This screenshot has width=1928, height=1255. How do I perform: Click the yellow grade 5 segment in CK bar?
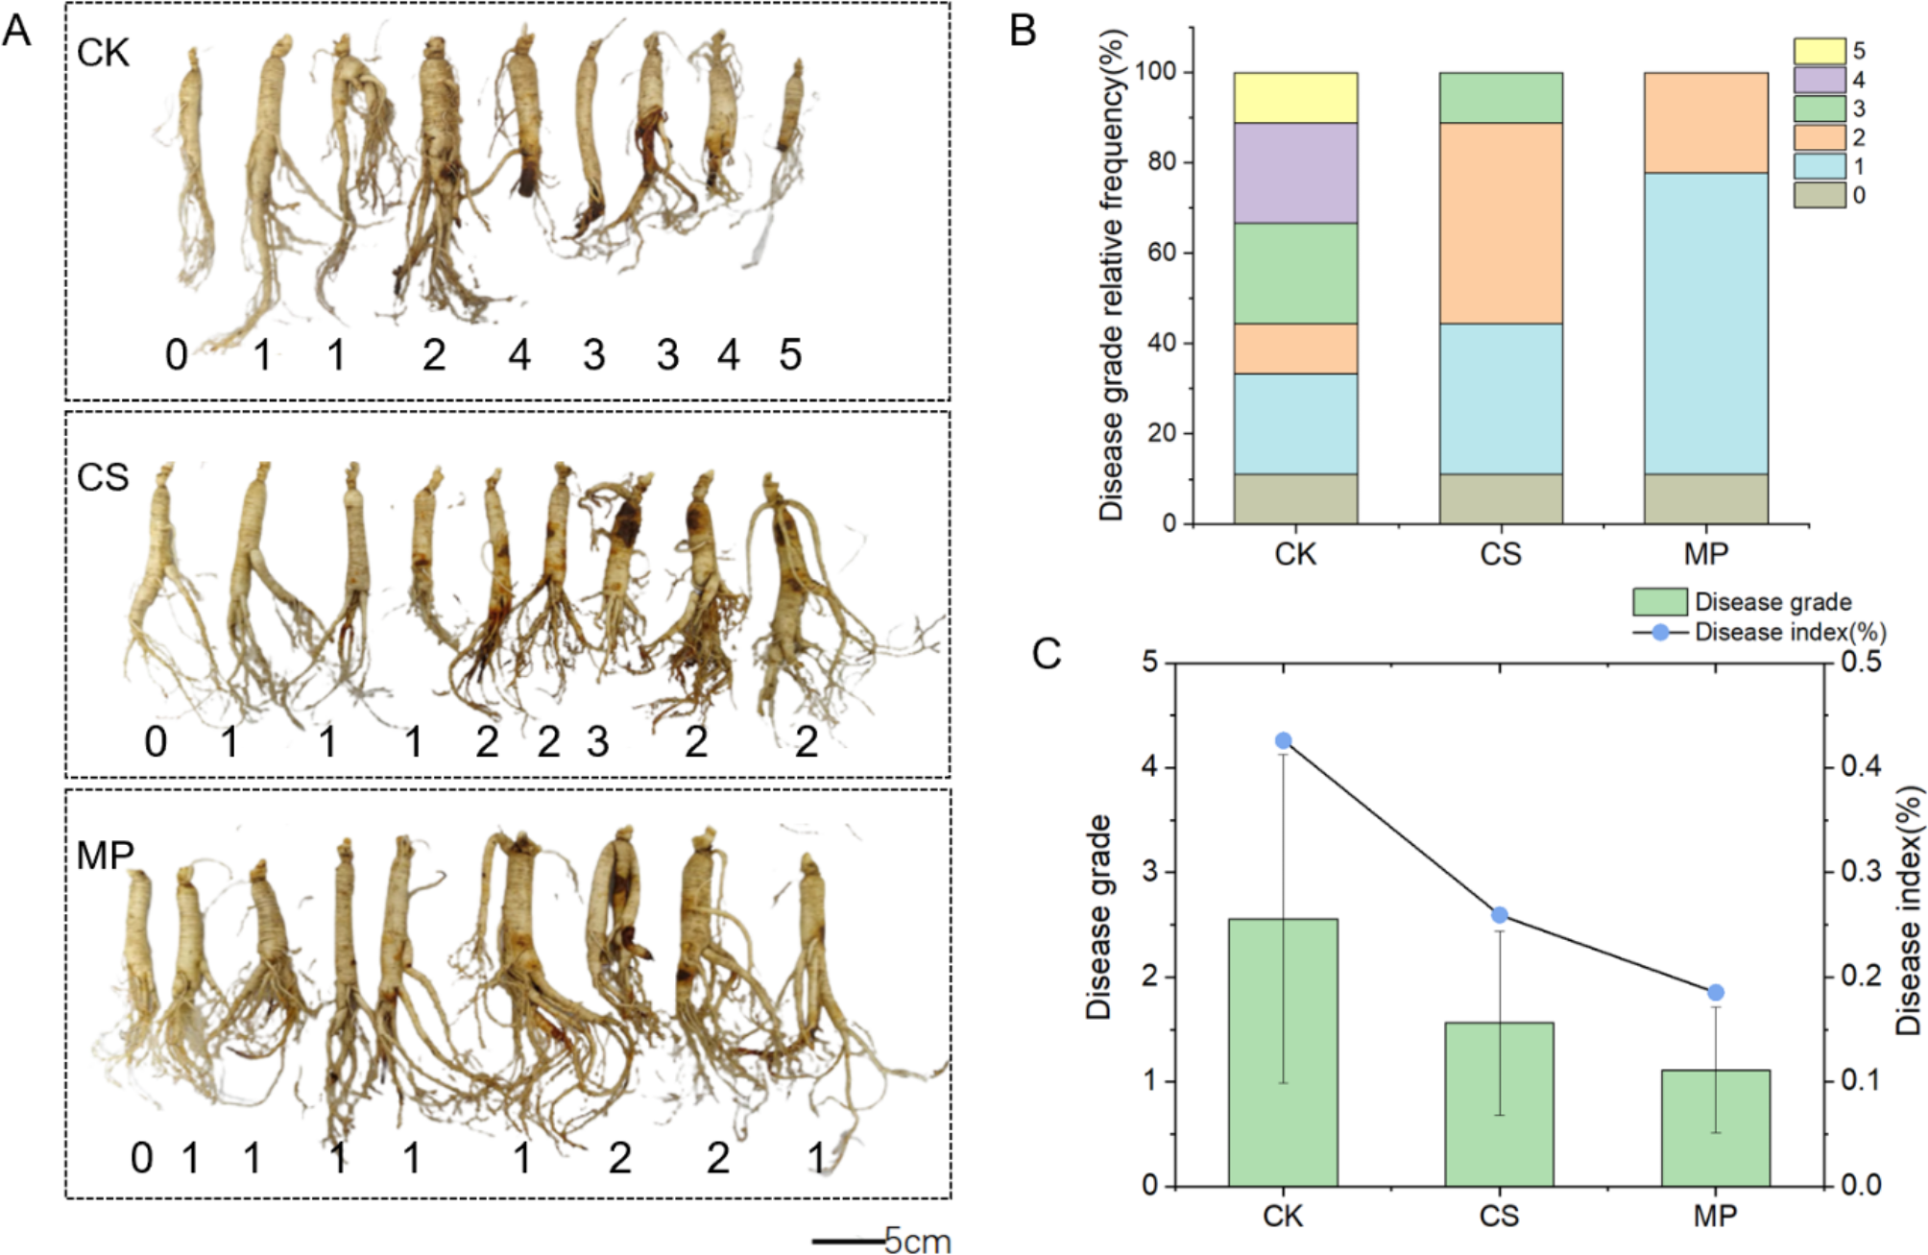1295,98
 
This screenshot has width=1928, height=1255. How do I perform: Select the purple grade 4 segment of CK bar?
1295,173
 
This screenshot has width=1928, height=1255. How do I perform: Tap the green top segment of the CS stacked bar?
1500,98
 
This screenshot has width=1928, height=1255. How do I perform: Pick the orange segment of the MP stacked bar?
1705,123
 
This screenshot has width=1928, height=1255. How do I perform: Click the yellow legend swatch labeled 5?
1819,51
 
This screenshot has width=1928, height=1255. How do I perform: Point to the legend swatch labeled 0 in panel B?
1819,195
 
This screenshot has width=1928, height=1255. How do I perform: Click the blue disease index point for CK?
1283,740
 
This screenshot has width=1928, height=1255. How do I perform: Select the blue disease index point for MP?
1715,992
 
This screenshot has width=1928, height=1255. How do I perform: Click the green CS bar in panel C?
1499,1104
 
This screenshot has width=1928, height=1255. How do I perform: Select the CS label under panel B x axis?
1500,554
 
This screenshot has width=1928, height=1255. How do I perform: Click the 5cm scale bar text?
917,1241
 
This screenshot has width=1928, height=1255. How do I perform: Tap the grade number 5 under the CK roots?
789,355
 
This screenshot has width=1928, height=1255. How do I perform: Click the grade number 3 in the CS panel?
597,742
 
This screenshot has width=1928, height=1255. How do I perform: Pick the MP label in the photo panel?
105,855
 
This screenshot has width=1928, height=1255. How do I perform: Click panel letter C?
1046,654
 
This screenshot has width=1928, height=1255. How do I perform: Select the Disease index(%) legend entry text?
1790,633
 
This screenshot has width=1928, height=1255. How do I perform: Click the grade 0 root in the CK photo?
192,173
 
